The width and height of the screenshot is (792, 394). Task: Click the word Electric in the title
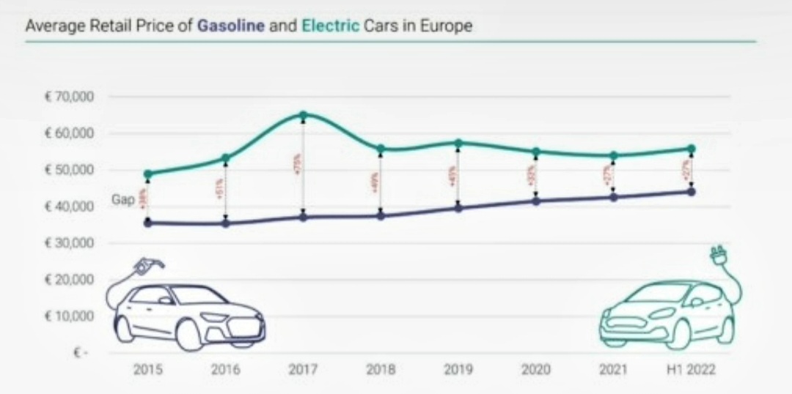coord(330,26)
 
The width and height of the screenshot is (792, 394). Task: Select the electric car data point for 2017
coord(303,115)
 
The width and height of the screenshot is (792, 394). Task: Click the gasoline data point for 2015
coord(147,223)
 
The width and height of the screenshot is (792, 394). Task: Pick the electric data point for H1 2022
coord(691,149)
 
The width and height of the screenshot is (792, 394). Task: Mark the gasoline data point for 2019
coord(458,208)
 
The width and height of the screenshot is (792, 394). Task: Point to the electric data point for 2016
coord(225,158)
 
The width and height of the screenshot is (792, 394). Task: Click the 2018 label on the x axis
coord(380,370)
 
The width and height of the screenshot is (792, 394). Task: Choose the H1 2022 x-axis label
coord(691,370)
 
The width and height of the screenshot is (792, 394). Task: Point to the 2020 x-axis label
coord(535,370)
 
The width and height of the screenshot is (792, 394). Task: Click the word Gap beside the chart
coord(122,198)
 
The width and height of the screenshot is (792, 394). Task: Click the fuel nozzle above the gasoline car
coord(149,266)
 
